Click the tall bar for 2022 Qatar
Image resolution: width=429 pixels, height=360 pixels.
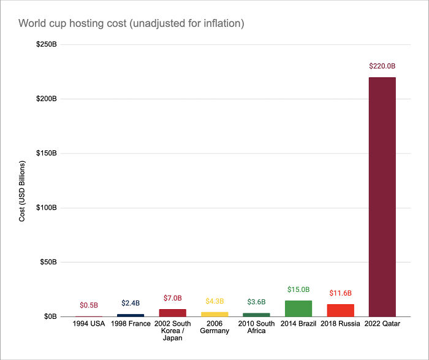pyautogui.click(x=382, y=196)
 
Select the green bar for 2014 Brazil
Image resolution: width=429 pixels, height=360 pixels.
pyautogui.click(x=298, y=308)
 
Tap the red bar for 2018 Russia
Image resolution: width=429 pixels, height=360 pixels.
pyautogui.click(x=340, y=310)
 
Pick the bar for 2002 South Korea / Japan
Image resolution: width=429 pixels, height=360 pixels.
pyautogui.click(x=173, y=313)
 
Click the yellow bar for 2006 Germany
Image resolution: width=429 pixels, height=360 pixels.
pyautogui.click(x=214, y=314)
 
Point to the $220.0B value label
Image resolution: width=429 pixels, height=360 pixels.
pyautogui.click(x=382, y=66)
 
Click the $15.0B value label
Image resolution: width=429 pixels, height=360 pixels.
pyautogui.click(x=298, y=289)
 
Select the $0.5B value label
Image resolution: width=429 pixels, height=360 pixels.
pyautogui.click(x=89, y=305)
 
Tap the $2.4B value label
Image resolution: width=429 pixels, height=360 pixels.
pyautogui.click(x=131, y=303)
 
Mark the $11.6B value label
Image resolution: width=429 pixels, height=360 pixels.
pyautogui.click(x=340, y=293)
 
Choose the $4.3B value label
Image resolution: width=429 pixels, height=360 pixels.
pyautogui.click(x=214, y=301)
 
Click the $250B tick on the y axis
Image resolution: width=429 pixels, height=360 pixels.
pyautogui.click(x=46, y=45)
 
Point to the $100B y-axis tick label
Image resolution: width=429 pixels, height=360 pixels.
pyautogui.click(x=46, y=208)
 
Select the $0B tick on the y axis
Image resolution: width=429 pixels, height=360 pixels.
pyautogui.click(x=49, y=316)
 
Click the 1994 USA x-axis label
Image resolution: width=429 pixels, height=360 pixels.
pyautogui.click(x=89, y=324)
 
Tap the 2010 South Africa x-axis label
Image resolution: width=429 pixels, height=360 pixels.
pyautogui.click(x=256, y=327)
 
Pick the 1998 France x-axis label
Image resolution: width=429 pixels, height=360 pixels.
pyautogui.click(x=131, y=324)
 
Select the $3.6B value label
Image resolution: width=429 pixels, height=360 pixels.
pyautogui.click(x=256, y=302)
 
